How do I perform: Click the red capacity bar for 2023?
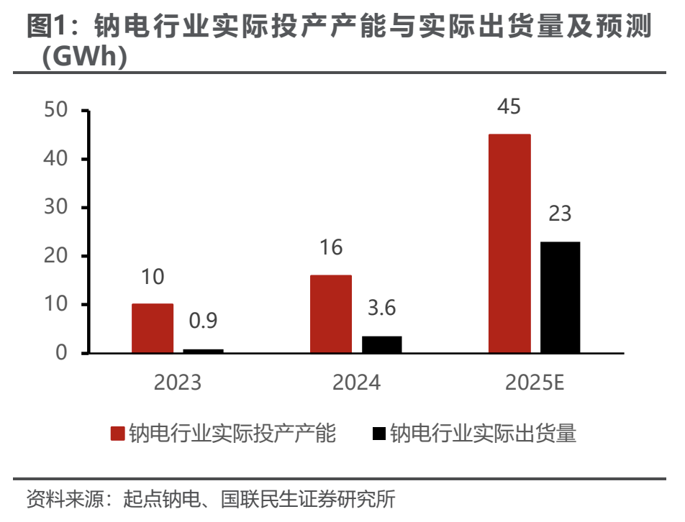coord(153,329)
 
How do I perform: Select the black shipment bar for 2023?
coord(203,351)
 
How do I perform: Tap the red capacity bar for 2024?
coord(331,314)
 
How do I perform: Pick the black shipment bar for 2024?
coord(381,344)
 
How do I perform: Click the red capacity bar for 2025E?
coord(509,244)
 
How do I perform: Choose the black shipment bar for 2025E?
coord(560,297)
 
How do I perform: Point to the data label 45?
coord(509,107)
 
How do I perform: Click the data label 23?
coord(560,214)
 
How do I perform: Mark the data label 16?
coord(331,248)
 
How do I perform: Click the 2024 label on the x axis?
coord(356,383)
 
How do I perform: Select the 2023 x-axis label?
coord(178,383)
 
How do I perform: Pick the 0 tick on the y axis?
coord(62,353)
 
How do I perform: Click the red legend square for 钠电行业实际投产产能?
coord(118,434)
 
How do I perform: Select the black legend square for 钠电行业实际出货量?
coord(379,434)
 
